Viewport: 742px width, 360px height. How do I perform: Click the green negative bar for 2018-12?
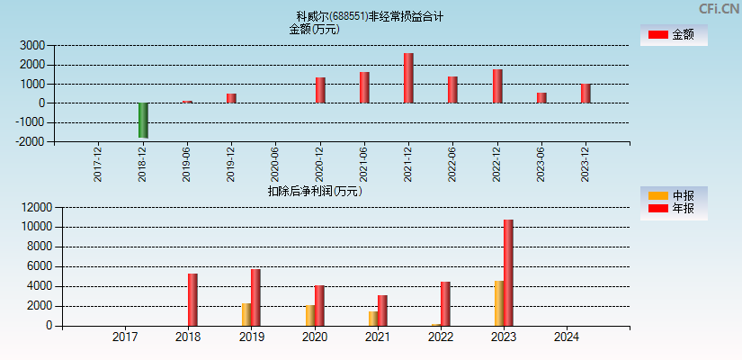tap(143, 120)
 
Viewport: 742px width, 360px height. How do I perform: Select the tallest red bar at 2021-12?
tap(408, 78)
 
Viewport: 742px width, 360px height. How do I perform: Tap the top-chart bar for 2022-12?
tap(497, 86)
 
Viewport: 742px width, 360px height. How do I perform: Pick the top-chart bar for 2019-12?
tap(231, 98)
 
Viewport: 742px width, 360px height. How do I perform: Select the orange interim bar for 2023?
tap(498, 303)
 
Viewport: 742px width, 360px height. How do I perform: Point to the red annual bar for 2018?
tap(192, 300)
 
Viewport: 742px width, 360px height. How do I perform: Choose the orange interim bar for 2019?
tap(246, 314)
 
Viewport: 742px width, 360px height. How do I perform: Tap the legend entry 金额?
tap(674, 34)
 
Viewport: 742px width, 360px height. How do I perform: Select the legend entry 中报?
tap(674, 195)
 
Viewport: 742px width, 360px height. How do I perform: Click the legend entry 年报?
tap(674, 209)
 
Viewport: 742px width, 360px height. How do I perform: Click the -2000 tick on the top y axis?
tap(31, 141)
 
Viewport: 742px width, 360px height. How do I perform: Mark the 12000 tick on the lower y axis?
tap(31, 207)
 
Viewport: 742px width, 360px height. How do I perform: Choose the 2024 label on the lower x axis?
tap(567, 337)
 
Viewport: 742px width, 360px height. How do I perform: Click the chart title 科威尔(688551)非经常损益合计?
tap(369, 16)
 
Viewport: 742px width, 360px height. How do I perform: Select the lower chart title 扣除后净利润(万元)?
tap(315, 191)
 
